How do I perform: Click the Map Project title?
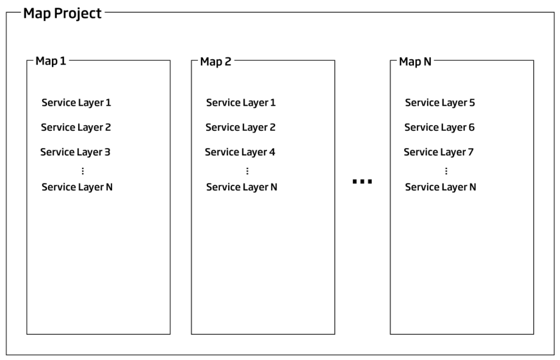tap(62, 14)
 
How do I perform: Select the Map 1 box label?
tap(51, 61)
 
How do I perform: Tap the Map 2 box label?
tap(215, 61)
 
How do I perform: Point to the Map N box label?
tap(415, 61)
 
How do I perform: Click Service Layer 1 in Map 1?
tap(76, 103)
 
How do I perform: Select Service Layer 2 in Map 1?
tap(75, 127)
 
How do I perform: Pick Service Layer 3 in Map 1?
tap(75, 152)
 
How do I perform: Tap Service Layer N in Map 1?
tap(77, 187)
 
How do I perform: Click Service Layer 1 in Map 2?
tap(241, 103)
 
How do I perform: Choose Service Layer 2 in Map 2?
tap(241, 127)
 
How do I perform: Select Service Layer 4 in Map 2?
tap(240, 152)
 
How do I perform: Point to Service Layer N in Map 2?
tap(241, 187)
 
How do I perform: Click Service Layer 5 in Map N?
tap(440, 103)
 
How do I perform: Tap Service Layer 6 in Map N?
tap(439, 127)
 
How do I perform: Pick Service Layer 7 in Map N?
tap(439, 152)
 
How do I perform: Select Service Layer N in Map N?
tap(440, 187)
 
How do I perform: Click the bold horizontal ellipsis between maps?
tap(362, 182)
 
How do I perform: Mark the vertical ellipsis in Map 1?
tap(83, 171)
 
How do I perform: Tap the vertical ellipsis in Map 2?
tap(247, 171)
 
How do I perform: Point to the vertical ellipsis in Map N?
tap(446, 171)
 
